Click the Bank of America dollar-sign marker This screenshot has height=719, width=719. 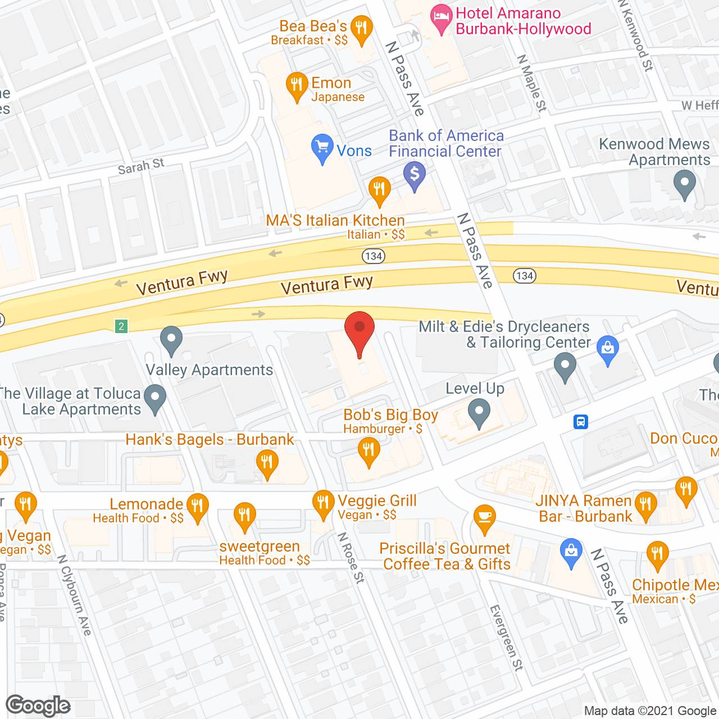coord(415,175)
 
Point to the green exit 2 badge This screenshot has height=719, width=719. coord(121,326)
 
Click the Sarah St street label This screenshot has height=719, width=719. coord(141,166)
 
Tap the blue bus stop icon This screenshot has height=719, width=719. coord(581,422)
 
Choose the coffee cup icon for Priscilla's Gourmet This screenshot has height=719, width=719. coord(484,518)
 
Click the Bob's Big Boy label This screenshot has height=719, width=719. coord(390,415)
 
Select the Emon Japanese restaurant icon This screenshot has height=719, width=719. coord(297,86)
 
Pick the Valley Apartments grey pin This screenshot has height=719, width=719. coord(171,340)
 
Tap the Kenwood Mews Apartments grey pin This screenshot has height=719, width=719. coord(684,184)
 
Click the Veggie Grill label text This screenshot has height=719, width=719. coord(377,500)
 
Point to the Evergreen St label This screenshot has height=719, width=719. coord(506,638)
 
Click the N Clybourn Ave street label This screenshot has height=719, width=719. coord(75,595)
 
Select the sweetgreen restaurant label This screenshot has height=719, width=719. coord(260,547)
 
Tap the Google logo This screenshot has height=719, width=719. coord(38,706)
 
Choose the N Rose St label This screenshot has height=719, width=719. coord(351,558)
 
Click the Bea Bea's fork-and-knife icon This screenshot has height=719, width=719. coord(361,29)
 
